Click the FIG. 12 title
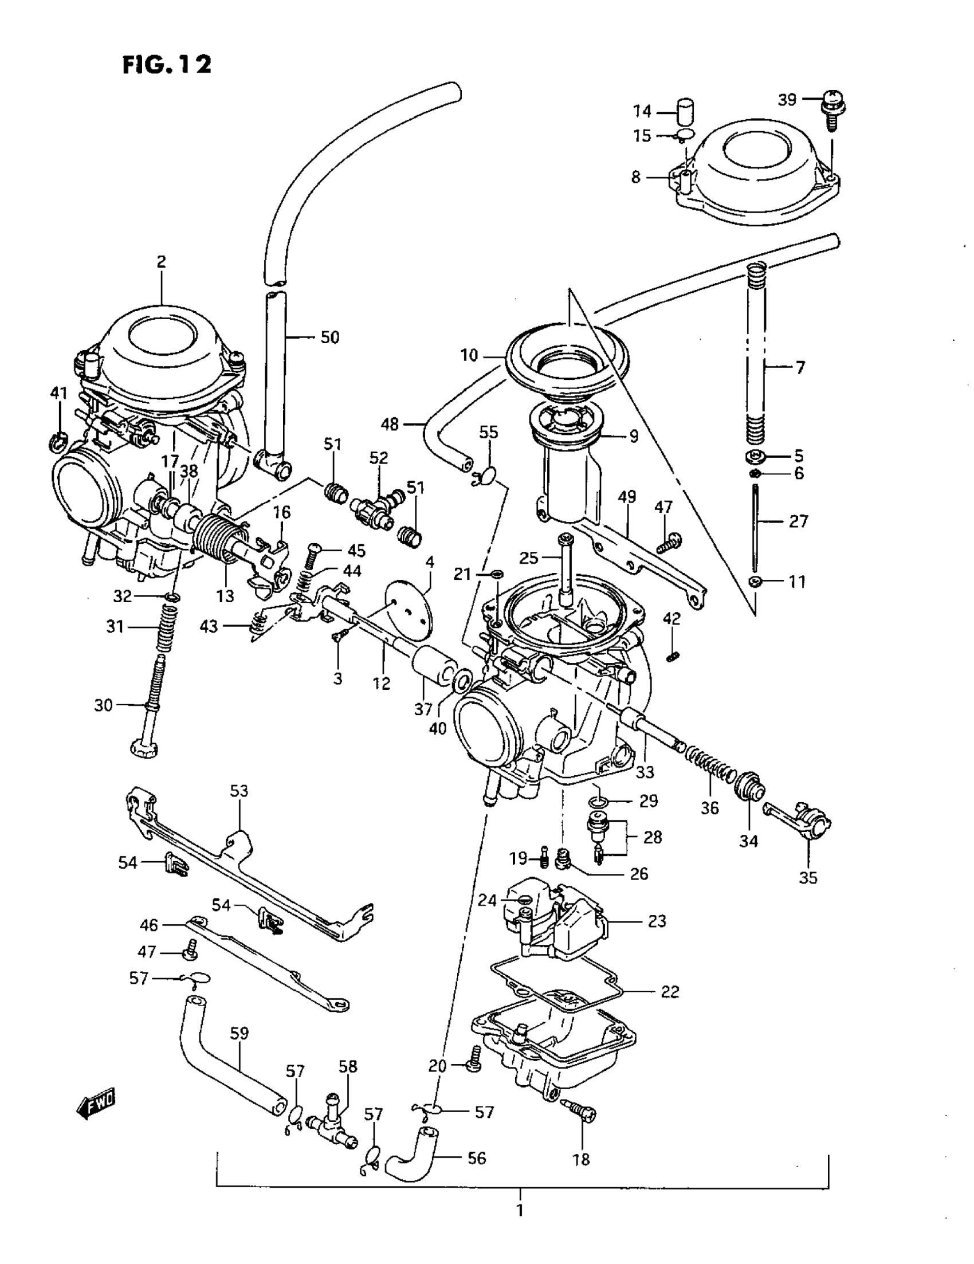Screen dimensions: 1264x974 [167, 64]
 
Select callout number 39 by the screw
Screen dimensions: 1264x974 [787, 100]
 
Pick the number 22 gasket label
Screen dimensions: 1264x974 [670, 991]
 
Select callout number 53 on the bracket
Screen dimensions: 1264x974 [238, 791]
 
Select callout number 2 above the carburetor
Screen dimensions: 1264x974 [161, 262]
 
